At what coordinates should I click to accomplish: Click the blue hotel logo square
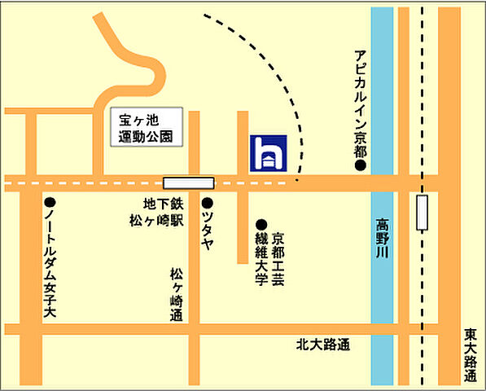[267, 152]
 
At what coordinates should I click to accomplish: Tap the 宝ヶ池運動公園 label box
[146, 127]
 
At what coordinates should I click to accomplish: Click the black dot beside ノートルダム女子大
[50, 202]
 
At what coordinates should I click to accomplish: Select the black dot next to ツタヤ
[208, 202]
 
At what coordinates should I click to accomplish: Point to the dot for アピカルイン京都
[359, 166]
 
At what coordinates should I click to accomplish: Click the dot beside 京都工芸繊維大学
[261, 224]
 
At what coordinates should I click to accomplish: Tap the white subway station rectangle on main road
[188, 183]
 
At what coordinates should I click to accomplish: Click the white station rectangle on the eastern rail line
[422, 213]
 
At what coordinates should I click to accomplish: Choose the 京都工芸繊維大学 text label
[269, 259]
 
